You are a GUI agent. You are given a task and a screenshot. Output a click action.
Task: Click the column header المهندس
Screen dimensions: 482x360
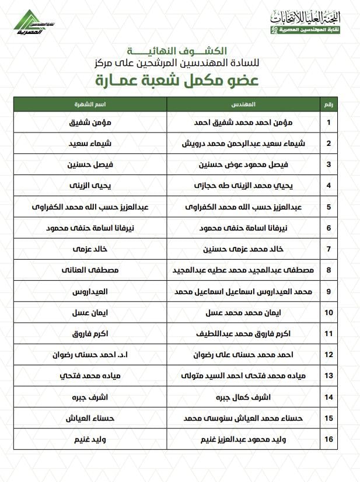point(243,104)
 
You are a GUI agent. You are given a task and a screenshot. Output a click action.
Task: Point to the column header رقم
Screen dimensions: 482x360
point(328,104)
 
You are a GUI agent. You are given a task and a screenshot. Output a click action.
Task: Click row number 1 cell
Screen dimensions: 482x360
point(328,123)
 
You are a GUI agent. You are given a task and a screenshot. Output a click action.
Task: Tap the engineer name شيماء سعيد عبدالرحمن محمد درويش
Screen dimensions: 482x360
point(243,144)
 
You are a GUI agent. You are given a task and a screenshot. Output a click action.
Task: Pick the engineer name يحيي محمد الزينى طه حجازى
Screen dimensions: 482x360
point(243,186)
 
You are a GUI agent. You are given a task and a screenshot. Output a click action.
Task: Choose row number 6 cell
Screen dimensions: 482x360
point(328,228)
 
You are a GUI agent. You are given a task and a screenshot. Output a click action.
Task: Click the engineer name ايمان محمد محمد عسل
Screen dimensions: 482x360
point(243,312)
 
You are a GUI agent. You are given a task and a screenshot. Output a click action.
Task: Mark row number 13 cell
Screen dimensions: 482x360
point(328,375)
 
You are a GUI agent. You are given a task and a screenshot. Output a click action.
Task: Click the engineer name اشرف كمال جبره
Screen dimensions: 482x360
point(243,397)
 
